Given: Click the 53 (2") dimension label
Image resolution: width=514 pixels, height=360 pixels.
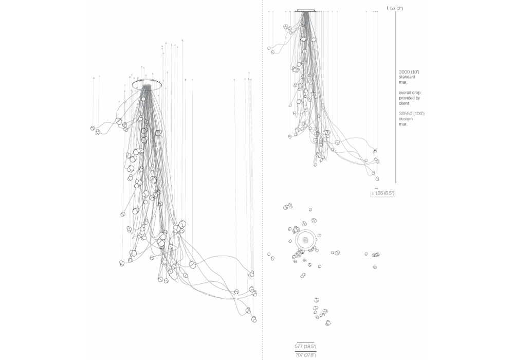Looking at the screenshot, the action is (x=397, y=9).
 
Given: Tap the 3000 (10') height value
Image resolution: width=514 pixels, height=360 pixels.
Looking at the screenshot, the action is (x=409, y=71).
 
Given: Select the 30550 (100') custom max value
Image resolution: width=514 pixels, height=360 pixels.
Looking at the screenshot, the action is (x=412, y=114).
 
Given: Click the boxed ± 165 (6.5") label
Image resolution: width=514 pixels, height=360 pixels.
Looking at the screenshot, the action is (x=383, y=193).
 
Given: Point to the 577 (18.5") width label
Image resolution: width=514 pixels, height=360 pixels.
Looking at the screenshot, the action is (x=305, y=347).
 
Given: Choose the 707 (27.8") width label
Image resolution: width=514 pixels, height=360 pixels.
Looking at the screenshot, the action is (x=305, y=355).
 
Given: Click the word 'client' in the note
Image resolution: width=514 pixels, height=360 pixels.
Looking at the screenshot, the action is (x=404, y=103).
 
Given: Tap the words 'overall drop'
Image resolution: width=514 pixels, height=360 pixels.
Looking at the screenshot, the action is (x=410, y=93).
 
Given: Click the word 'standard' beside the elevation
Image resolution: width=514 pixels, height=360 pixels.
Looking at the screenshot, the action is (x=407, y=77).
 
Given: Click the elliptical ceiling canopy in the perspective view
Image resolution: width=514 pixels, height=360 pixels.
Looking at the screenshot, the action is (x=147, y=80).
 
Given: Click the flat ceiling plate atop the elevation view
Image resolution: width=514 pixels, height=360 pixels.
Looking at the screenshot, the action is (x=306, y=11).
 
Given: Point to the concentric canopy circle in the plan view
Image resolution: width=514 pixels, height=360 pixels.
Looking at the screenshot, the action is (x=306, y=231).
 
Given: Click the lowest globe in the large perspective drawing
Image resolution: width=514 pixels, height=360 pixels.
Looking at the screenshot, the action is (x=254, y=319).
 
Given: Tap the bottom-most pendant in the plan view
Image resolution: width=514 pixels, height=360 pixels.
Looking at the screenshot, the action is (x=328, y=323).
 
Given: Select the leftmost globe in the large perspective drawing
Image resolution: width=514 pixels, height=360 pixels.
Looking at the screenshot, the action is (x=93, y=128).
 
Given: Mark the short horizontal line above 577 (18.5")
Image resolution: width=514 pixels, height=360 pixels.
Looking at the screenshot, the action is (x=305, y=343).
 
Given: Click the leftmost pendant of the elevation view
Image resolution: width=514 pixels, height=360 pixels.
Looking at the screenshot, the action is (x=269, y=48).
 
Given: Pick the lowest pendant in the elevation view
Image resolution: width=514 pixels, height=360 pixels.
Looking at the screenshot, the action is (x=377, y=178).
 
